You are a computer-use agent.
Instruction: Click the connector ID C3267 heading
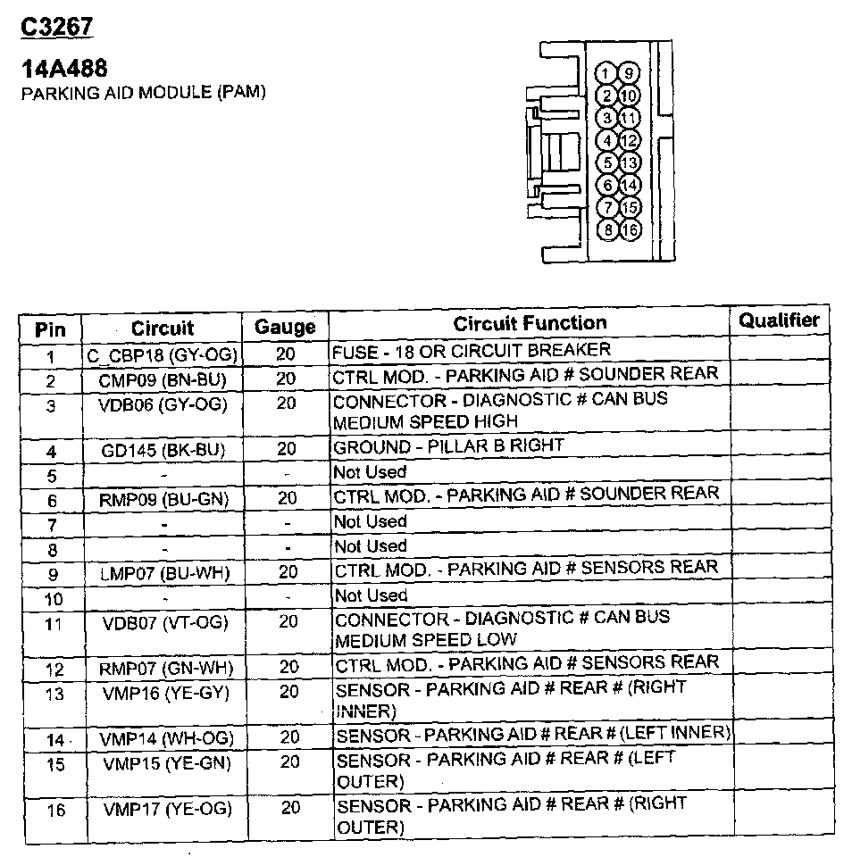tap(56, 27)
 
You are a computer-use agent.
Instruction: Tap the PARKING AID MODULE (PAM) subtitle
tap(143, 93)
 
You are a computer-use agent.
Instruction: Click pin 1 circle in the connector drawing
tap(606, 73)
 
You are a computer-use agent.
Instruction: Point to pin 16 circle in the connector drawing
tap(630, 230)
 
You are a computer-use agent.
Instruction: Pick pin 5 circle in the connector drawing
tap(607, 162)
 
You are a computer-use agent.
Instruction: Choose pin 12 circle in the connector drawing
tap(630, 140)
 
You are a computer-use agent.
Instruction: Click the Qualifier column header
tap(779, 320)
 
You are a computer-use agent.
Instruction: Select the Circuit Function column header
tap(530, 323)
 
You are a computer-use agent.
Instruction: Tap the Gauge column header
tap(285, 327)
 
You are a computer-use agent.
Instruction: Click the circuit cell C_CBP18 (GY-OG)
tap(163, 355)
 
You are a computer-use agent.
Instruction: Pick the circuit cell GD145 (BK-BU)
tap(163, 451)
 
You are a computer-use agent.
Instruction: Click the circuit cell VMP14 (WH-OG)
tap(167, 739)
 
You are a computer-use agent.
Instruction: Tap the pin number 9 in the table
tap(51, 574)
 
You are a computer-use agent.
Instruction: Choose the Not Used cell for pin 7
tap(370, 521)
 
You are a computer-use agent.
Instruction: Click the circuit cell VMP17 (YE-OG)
tap(166, 810)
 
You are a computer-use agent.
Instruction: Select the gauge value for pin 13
tap(288, 692)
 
